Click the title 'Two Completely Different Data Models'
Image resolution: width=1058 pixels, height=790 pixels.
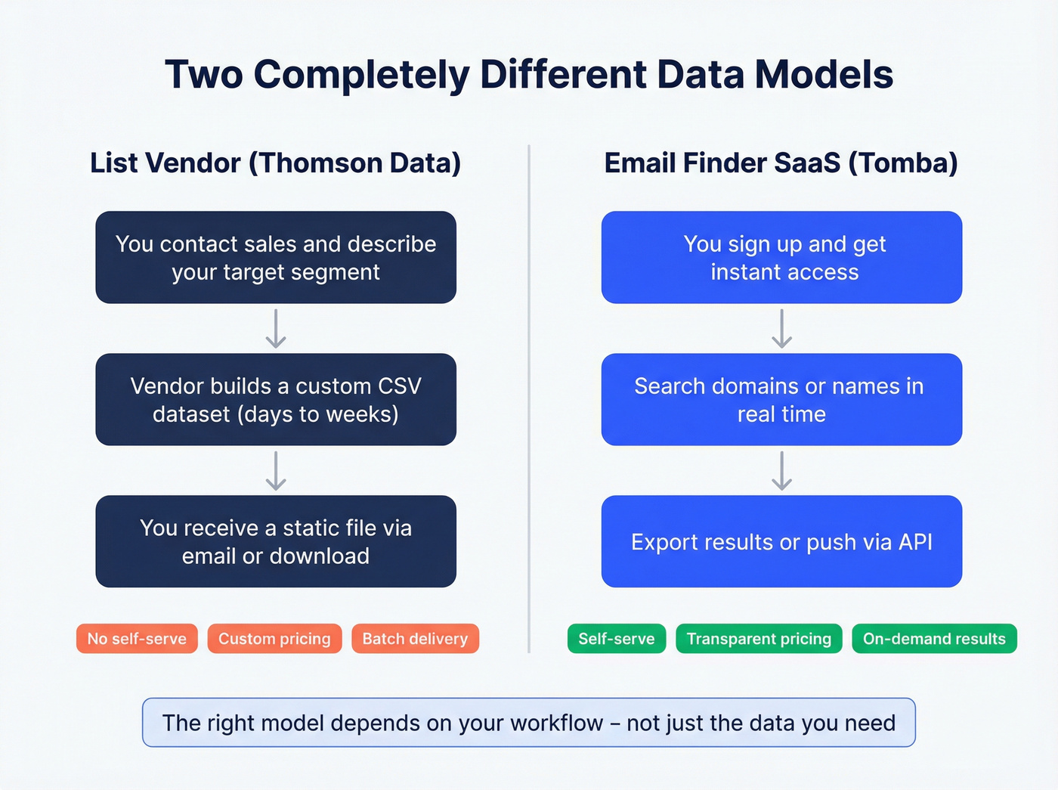529,75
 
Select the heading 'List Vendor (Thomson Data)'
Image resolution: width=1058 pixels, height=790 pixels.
275,163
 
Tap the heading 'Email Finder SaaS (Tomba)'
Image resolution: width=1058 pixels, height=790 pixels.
781,163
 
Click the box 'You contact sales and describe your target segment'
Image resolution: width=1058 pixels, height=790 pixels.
276,258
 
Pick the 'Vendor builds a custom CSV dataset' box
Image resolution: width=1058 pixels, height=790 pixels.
276,400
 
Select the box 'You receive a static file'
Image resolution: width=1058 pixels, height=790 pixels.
276,541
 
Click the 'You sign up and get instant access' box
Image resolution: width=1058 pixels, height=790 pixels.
781,258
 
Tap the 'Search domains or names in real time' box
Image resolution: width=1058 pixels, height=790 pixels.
781,400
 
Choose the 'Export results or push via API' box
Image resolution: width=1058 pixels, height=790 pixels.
781,541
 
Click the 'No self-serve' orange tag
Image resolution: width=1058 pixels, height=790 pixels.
137,639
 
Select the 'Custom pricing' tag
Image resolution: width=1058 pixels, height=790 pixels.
274,639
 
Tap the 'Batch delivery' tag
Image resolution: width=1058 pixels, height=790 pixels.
415,639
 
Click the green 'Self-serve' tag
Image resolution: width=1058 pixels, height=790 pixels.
617,639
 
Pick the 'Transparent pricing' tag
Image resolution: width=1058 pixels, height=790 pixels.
759,639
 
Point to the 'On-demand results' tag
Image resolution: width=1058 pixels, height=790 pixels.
934,639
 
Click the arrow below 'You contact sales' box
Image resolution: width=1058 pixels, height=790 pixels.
276,329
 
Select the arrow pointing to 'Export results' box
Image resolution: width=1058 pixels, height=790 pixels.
781,471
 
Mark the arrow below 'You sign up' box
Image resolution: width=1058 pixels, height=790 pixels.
781,329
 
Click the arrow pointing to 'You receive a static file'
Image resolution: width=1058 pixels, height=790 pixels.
276,471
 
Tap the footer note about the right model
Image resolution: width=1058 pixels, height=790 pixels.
529,723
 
